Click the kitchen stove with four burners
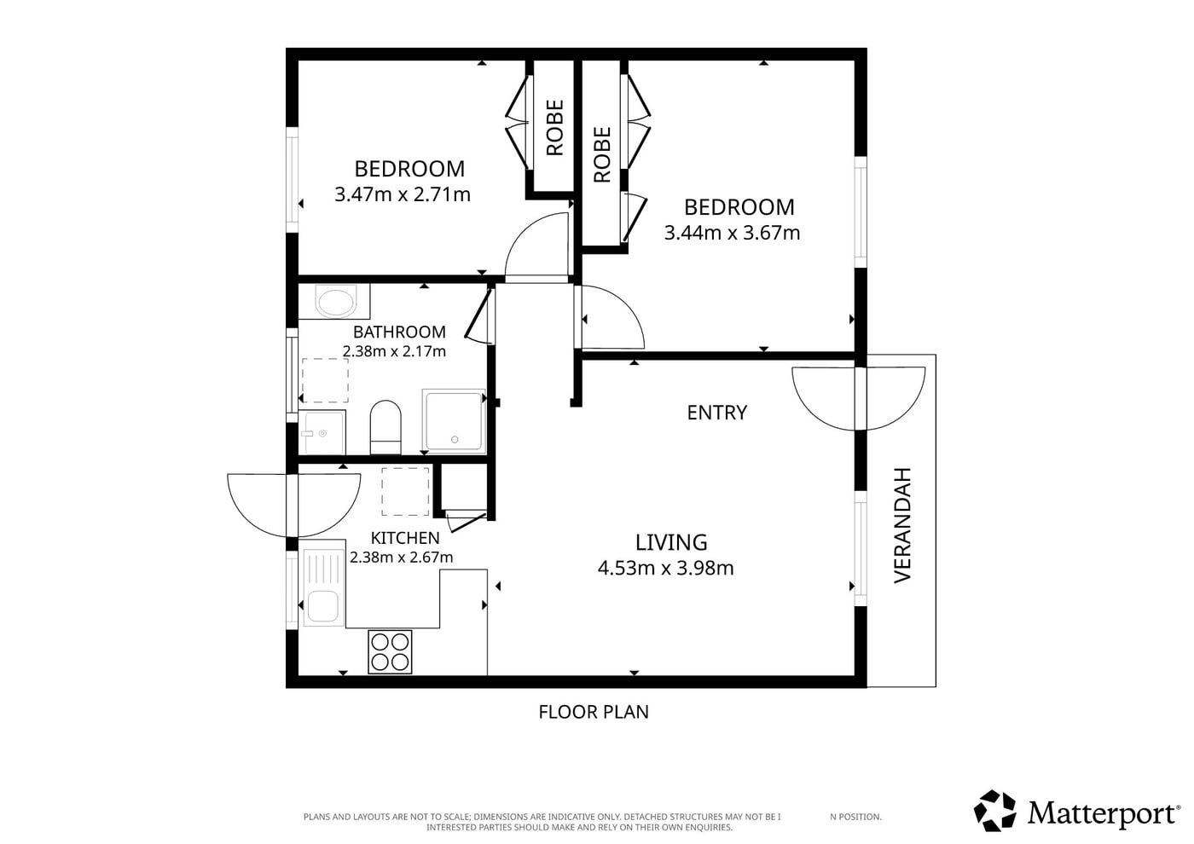pos(390,651)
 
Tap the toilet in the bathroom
pos(385,427)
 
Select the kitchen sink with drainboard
pos(324,587)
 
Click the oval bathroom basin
pos(335,302)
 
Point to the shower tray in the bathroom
pos(454,421)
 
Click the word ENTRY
pos(717,413)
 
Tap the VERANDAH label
pos(902,525)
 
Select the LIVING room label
pos(671,542)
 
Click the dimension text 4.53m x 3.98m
pos(666,569)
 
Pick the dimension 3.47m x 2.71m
pos(403,194)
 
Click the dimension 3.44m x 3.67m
pos(732,233)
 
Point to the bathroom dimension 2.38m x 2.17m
pos(394,351)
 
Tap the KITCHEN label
pos(405,538)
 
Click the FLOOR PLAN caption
pos(594,712)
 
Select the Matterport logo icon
pos(994,810)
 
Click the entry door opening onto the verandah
pos(859,398)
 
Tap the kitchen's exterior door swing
pos(293,505)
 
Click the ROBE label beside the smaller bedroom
pos(555,128)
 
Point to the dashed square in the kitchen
pos(405,491)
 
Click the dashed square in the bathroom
pos(325,380)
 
